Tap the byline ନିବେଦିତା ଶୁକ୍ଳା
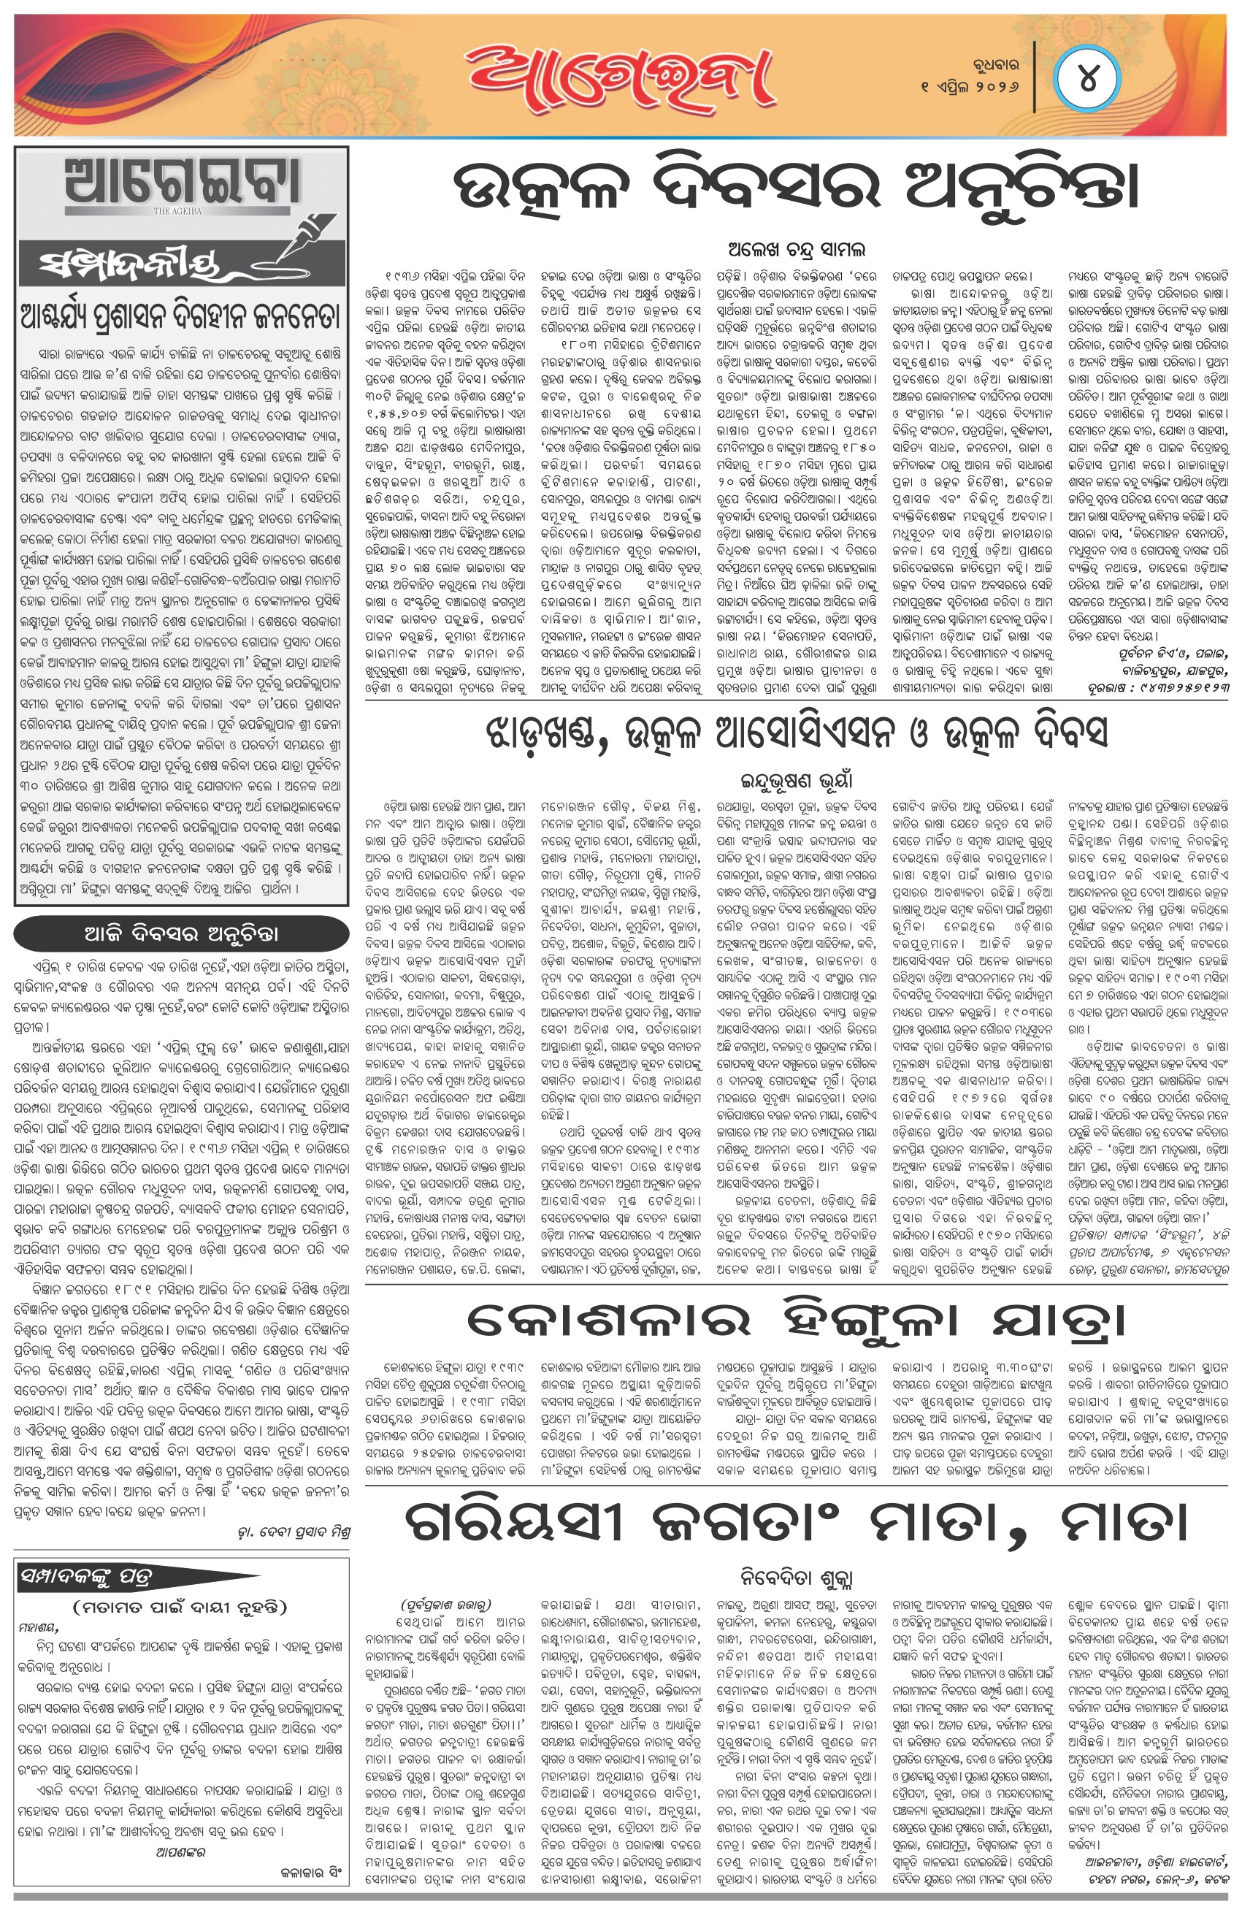coord(797,1575)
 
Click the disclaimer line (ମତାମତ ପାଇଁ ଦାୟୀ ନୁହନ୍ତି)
coord(180,1607)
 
